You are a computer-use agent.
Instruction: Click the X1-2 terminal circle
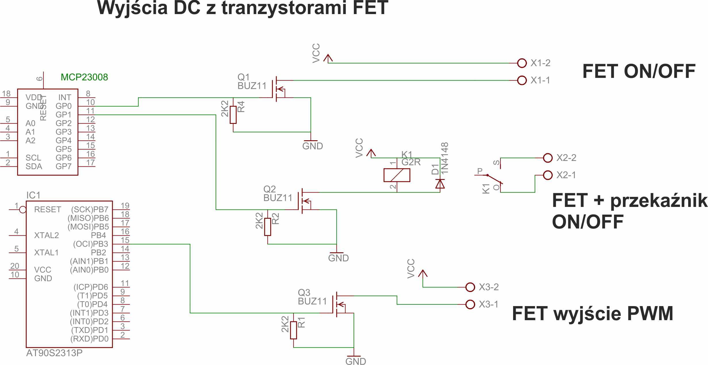(522, 63)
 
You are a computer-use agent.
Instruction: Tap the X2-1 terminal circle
(548, 175)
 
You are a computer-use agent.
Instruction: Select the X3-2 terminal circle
(470, 287)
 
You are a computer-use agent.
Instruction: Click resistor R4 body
(233, 115)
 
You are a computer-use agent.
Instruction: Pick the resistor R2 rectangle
(268, 227)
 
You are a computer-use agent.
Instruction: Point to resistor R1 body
(293, 330)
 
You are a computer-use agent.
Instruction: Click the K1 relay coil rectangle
(397, 175)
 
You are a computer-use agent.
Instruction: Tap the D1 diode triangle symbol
(440, 184)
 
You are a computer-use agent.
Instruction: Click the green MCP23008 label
(84, 77)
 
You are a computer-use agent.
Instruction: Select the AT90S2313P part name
(54, 353)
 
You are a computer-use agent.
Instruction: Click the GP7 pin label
(64, 166)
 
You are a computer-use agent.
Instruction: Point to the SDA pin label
(34, 166)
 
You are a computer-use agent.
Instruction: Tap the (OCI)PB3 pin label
(91, 244)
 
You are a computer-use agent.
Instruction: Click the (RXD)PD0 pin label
(89, 339)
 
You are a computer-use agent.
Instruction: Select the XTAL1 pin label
(46, 253)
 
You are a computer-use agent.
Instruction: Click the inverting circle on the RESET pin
(23, 210)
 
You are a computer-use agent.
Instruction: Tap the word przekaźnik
(659, 200)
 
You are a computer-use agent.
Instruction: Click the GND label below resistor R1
(356, 361)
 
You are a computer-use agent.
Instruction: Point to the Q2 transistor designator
(269, 189)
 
